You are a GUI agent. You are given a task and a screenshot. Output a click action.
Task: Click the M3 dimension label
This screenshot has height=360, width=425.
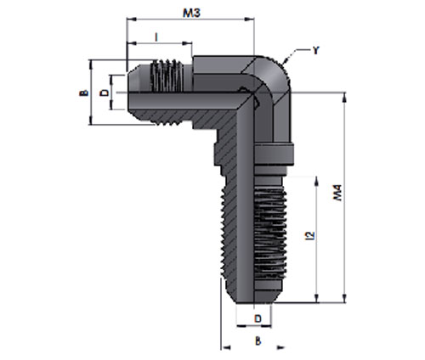point(191,13)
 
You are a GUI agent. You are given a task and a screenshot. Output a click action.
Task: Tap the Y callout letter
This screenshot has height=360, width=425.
point(315,50)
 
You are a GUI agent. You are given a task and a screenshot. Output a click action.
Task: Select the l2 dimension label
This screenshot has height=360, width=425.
point(310,236)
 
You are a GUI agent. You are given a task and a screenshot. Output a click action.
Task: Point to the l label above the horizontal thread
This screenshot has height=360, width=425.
point(156,37)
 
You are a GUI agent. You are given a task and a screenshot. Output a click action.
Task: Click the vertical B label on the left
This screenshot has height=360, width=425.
point(83,93)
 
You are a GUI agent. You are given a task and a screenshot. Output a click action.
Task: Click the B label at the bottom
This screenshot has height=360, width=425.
point(258,340)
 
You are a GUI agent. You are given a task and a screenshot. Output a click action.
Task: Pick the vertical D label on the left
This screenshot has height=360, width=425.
point(105,93)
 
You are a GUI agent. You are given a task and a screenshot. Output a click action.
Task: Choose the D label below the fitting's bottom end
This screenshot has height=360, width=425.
point(258,318)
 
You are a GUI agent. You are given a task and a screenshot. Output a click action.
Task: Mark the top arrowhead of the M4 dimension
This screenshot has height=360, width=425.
point(345,97)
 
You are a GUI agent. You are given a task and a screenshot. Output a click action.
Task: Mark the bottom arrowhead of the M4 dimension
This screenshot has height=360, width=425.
point(345,298)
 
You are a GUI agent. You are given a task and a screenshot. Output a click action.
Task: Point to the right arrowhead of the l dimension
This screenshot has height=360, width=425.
point(187,43)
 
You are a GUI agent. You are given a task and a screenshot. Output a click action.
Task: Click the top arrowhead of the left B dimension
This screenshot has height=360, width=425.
point(91,65)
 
